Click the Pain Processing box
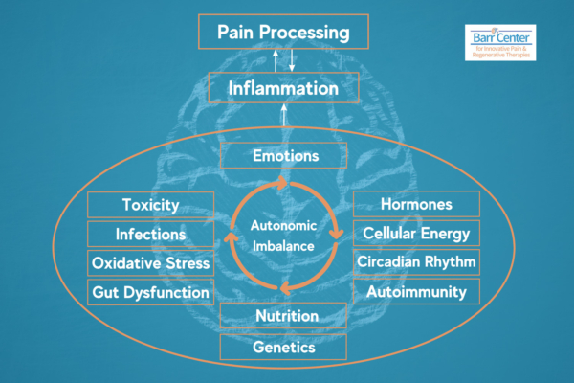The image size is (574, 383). coord(282,33)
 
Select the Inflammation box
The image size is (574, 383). coord(282,88)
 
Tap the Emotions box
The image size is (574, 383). coord(283,155)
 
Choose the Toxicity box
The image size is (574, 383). coord(151,205)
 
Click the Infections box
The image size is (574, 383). coord(151,234)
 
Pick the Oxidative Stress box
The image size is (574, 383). coord(151,262)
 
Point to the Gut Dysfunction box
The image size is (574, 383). coord(151,291)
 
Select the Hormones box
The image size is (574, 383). coord(416,205)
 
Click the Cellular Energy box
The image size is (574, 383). coord(416,233)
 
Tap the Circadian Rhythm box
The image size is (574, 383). coord(416,261)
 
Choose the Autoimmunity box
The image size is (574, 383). coord(416,290)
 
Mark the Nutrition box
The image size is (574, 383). coord(283,316)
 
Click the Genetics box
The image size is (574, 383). coord(283,348)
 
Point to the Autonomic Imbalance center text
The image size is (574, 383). coord(283,235)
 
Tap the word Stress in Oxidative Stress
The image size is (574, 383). coord(187,262)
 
